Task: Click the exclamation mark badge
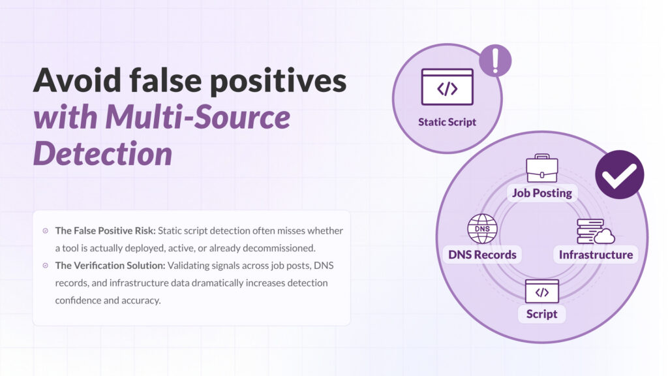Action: coord(495,61)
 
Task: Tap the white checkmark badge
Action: coord(620,175)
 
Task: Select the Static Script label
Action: coord(447,122)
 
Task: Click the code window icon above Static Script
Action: coord(447,87)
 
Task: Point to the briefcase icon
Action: coord(542,168)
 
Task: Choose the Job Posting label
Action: coord(542,193)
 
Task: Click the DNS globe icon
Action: coord(482,229)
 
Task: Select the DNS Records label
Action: coord(482,255)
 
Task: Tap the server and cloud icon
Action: coord(596,232)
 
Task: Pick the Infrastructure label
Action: coord(596,255)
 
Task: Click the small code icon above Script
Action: coord(542,292)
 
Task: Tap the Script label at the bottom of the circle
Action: coord(541,314)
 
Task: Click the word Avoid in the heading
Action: coord(77,80)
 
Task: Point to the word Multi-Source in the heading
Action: coord(198,117)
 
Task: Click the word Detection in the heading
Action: coord(102,153)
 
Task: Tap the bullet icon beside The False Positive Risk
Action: coord(46,230)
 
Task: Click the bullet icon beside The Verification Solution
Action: coord(46,266)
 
